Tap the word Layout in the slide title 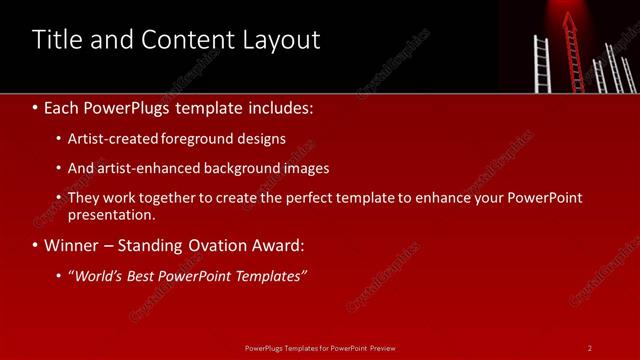(x=281, y=40)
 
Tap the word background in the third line (x=252, y=168)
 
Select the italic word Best (x=143, y=277)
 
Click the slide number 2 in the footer (x=590, y=348)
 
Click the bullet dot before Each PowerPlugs (x=36, y=107)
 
